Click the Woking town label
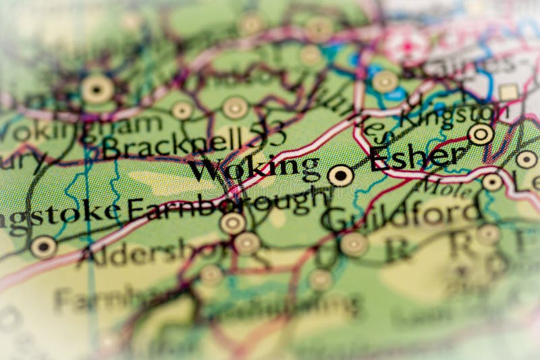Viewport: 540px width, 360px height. coord(253,168)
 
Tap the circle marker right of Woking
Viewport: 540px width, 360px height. coord(341,176)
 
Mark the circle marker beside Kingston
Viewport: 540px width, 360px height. coord(481,134)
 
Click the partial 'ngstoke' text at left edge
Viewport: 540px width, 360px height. coord(61,215)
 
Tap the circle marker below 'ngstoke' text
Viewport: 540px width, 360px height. coord(43,247)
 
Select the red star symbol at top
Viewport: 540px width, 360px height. coord(407,46)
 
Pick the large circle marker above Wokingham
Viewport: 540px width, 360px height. coord(97,88)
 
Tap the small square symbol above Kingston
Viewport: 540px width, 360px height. coord(509,92)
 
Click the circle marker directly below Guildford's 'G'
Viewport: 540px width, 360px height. coord(354,245)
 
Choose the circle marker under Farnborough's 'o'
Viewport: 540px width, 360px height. coord(233,223)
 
